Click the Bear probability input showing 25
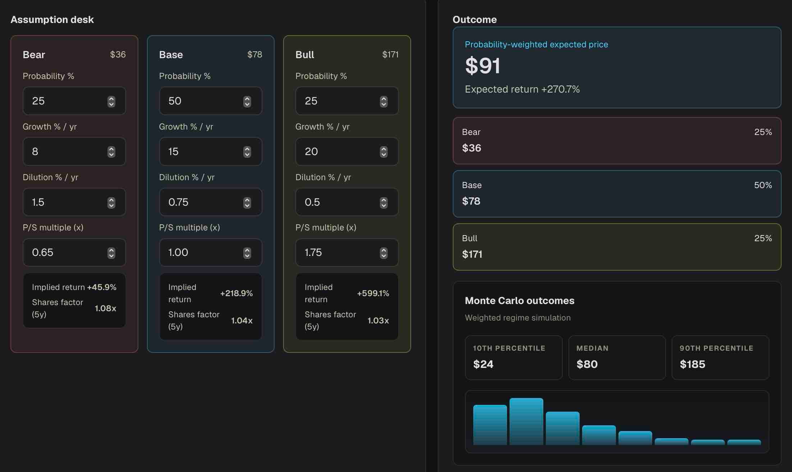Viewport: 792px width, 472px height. [74, 101]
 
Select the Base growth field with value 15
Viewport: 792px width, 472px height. [211, 151]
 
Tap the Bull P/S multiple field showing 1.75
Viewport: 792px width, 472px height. [347, 252]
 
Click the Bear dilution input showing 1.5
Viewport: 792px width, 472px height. [74, 202]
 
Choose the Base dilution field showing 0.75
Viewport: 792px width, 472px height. [211, 202]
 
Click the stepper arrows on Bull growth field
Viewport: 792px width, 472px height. [384, 152]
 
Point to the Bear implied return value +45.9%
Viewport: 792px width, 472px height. [102, 287]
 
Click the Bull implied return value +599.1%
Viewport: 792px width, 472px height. [373, 293]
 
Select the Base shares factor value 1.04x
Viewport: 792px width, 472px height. [242, 321]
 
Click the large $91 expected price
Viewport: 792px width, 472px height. [483, 66]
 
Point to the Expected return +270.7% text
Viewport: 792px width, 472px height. [522, 89]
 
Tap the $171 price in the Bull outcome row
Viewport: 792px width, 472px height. [472, 254]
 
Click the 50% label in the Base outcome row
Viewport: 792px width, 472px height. [763, 185]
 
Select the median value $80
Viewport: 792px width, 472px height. [587, 364]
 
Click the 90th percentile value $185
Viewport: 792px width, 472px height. [692, 364]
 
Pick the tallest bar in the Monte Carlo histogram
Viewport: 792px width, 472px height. [526, 421]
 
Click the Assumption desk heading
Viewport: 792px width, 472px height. [52, 19]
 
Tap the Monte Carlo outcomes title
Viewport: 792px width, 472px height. [520, 300]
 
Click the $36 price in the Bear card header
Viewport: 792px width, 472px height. [118, 54]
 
